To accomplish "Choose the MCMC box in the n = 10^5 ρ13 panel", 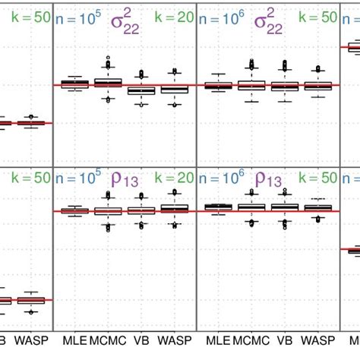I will tap(107, 210).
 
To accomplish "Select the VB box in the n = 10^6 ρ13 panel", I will tap(286, 207).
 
